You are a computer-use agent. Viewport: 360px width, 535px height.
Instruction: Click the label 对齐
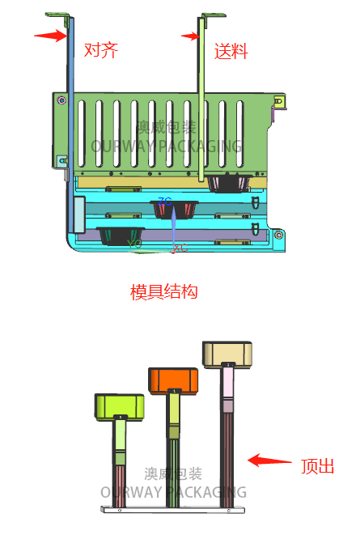tap(101, 50)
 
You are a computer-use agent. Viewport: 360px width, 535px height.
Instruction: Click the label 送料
tap(231, 51)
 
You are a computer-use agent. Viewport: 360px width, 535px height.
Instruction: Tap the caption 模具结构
tap(164, 291)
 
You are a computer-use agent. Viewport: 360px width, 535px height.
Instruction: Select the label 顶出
tap(317, 466)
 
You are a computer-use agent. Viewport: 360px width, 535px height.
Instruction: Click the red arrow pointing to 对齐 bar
tap(49, 35)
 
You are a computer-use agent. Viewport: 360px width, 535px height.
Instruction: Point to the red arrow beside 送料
tap(190, 36)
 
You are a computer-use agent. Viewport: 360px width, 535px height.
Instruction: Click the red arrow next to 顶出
tap(269, 461)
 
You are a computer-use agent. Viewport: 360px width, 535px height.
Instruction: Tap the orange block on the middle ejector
tap(173, 379)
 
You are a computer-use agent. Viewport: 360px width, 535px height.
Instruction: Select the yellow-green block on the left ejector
tap(120, 405)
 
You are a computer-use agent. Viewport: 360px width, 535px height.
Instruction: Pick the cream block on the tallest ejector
tap(227, 353)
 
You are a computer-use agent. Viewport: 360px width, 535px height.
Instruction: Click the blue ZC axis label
tap(164, 201)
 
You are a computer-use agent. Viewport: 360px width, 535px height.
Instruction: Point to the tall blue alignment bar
tap(70, 105)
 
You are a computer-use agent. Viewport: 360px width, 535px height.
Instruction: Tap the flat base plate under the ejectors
tap(170, 510)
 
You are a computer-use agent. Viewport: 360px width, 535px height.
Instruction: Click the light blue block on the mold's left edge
tap(78, 214)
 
